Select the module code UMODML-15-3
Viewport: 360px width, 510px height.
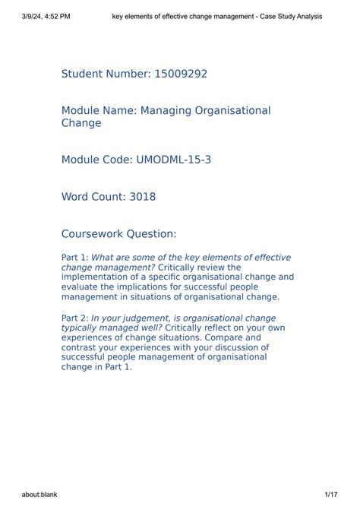(x=173, y=160)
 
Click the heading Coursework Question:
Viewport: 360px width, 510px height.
(x=118, y=233)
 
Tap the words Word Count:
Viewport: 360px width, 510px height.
(x=95, y=197)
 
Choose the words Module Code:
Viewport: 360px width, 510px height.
(x=96, y=160)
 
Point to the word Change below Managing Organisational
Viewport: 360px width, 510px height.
(x=81, y=123)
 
